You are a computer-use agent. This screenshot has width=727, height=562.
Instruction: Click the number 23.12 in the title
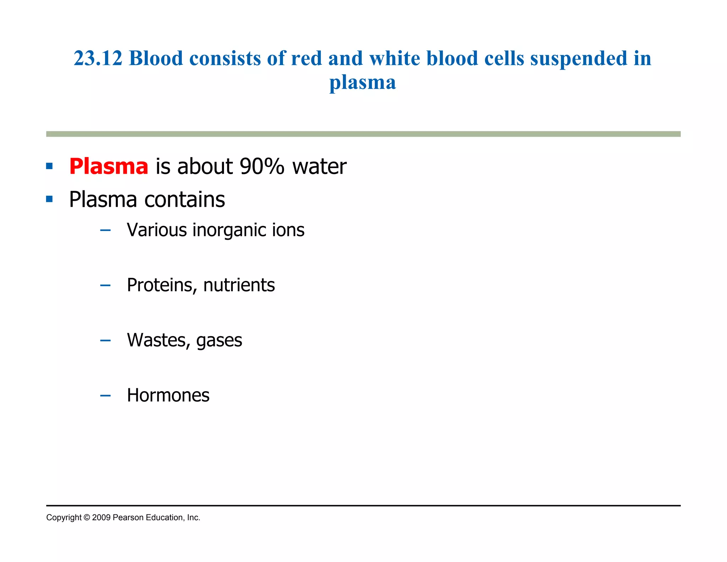[98, 58]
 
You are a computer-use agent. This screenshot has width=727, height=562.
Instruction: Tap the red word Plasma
[109, 166]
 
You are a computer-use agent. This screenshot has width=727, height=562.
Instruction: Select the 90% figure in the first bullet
[262, 166]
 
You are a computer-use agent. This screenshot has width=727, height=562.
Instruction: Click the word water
[319, 166]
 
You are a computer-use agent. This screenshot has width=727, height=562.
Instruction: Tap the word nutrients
[239, 285]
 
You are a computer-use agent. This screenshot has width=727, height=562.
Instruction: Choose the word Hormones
[168, 395]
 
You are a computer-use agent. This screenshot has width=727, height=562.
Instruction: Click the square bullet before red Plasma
[49, 166]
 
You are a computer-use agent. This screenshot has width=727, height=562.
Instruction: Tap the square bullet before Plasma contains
[49, 199]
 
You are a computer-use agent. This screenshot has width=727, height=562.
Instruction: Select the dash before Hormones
[105, 395]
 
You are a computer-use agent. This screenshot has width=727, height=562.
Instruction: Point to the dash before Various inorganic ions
[105, 230]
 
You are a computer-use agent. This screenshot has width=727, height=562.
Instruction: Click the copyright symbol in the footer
[87, 518]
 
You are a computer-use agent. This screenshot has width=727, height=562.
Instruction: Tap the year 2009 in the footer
[101, 518]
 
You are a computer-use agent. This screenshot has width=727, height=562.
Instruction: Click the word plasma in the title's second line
[362, 83]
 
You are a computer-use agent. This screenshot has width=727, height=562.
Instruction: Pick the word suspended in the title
[579, 59]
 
